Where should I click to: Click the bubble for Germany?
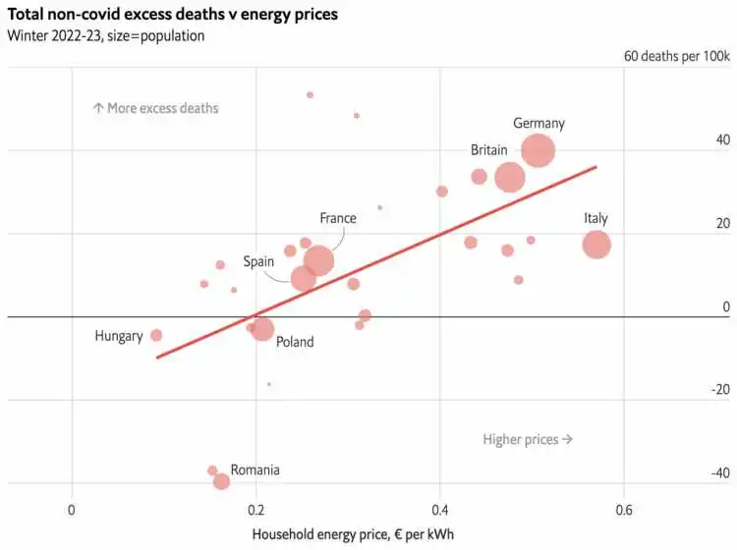coord(539,151)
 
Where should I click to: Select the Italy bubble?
coord(596,245)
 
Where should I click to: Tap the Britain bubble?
coord(510,178)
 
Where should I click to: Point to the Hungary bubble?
coord(155,336)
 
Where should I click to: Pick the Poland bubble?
coord(262,330)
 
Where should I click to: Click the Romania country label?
coord(255,470)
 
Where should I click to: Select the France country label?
coord(337,218)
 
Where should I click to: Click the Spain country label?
coord(258,262)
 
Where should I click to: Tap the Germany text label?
coord(539,124)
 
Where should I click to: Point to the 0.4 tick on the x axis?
coord(439,510)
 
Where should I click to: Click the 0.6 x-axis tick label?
coord(623,510)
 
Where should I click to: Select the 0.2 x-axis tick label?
coord(255,510)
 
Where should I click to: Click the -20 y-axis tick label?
coord(719,390)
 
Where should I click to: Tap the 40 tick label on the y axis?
coord(722,139)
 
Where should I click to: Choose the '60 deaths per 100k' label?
coord(677,56)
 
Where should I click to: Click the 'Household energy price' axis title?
coord(354,534)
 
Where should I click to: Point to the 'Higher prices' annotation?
coord(528,439)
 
